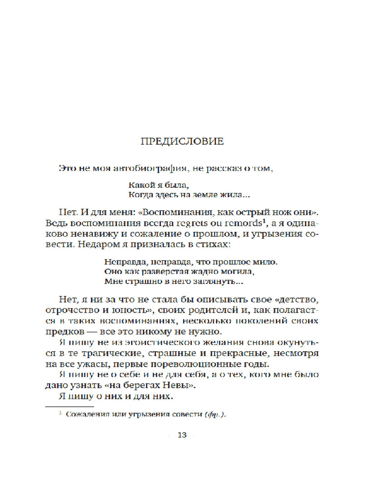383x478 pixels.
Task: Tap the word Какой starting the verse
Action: click(140, 184)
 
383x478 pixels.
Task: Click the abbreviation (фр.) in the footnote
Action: click(214, 414)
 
